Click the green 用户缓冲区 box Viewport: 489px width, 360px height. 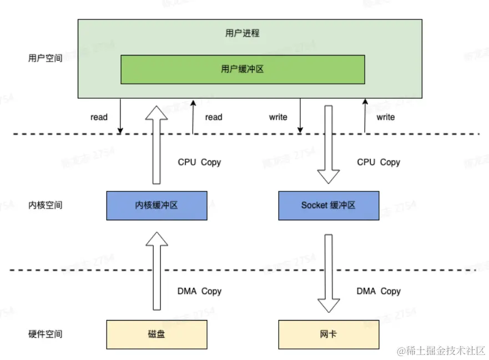(243, 69)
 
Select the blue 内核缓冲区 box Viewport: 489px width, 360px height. (157, 205)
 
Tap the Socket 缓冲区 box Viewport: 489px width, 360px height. (328, 205)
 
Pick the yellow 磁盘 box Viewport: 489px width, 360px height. (157, 334)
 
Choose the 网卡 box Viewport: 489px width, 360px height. (328, 334)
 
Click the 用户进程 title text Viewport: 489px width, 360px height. (243, 33)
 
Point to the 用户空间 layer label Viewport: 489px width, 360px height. (46, 58)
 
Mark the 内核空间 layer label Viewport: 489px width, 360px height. (46, 205)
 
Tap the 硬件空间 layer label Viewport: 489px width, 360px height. (46, 334)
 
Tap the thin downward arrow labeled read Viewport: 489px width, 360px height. (120, 116)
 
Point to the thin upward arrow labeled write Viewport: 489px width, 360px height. (365, 116)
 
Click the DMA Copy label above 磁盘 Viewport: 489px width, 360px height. (199, 291)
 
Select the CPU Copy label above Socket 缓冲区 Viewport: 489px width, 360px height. (379, 163)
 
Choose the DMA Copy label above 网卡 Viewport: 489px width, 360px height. (379, 291)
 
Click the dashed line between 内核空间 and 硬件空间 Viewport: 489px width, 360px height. (244, 270)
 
